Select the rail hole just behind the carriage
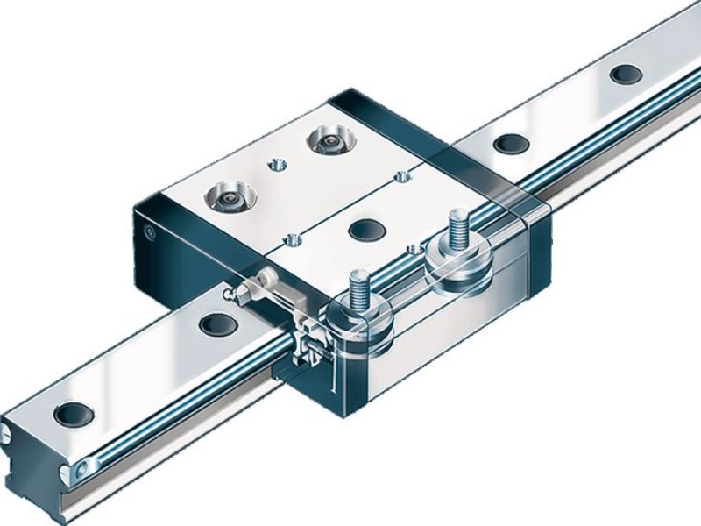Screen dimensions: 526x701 point(506,141)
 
